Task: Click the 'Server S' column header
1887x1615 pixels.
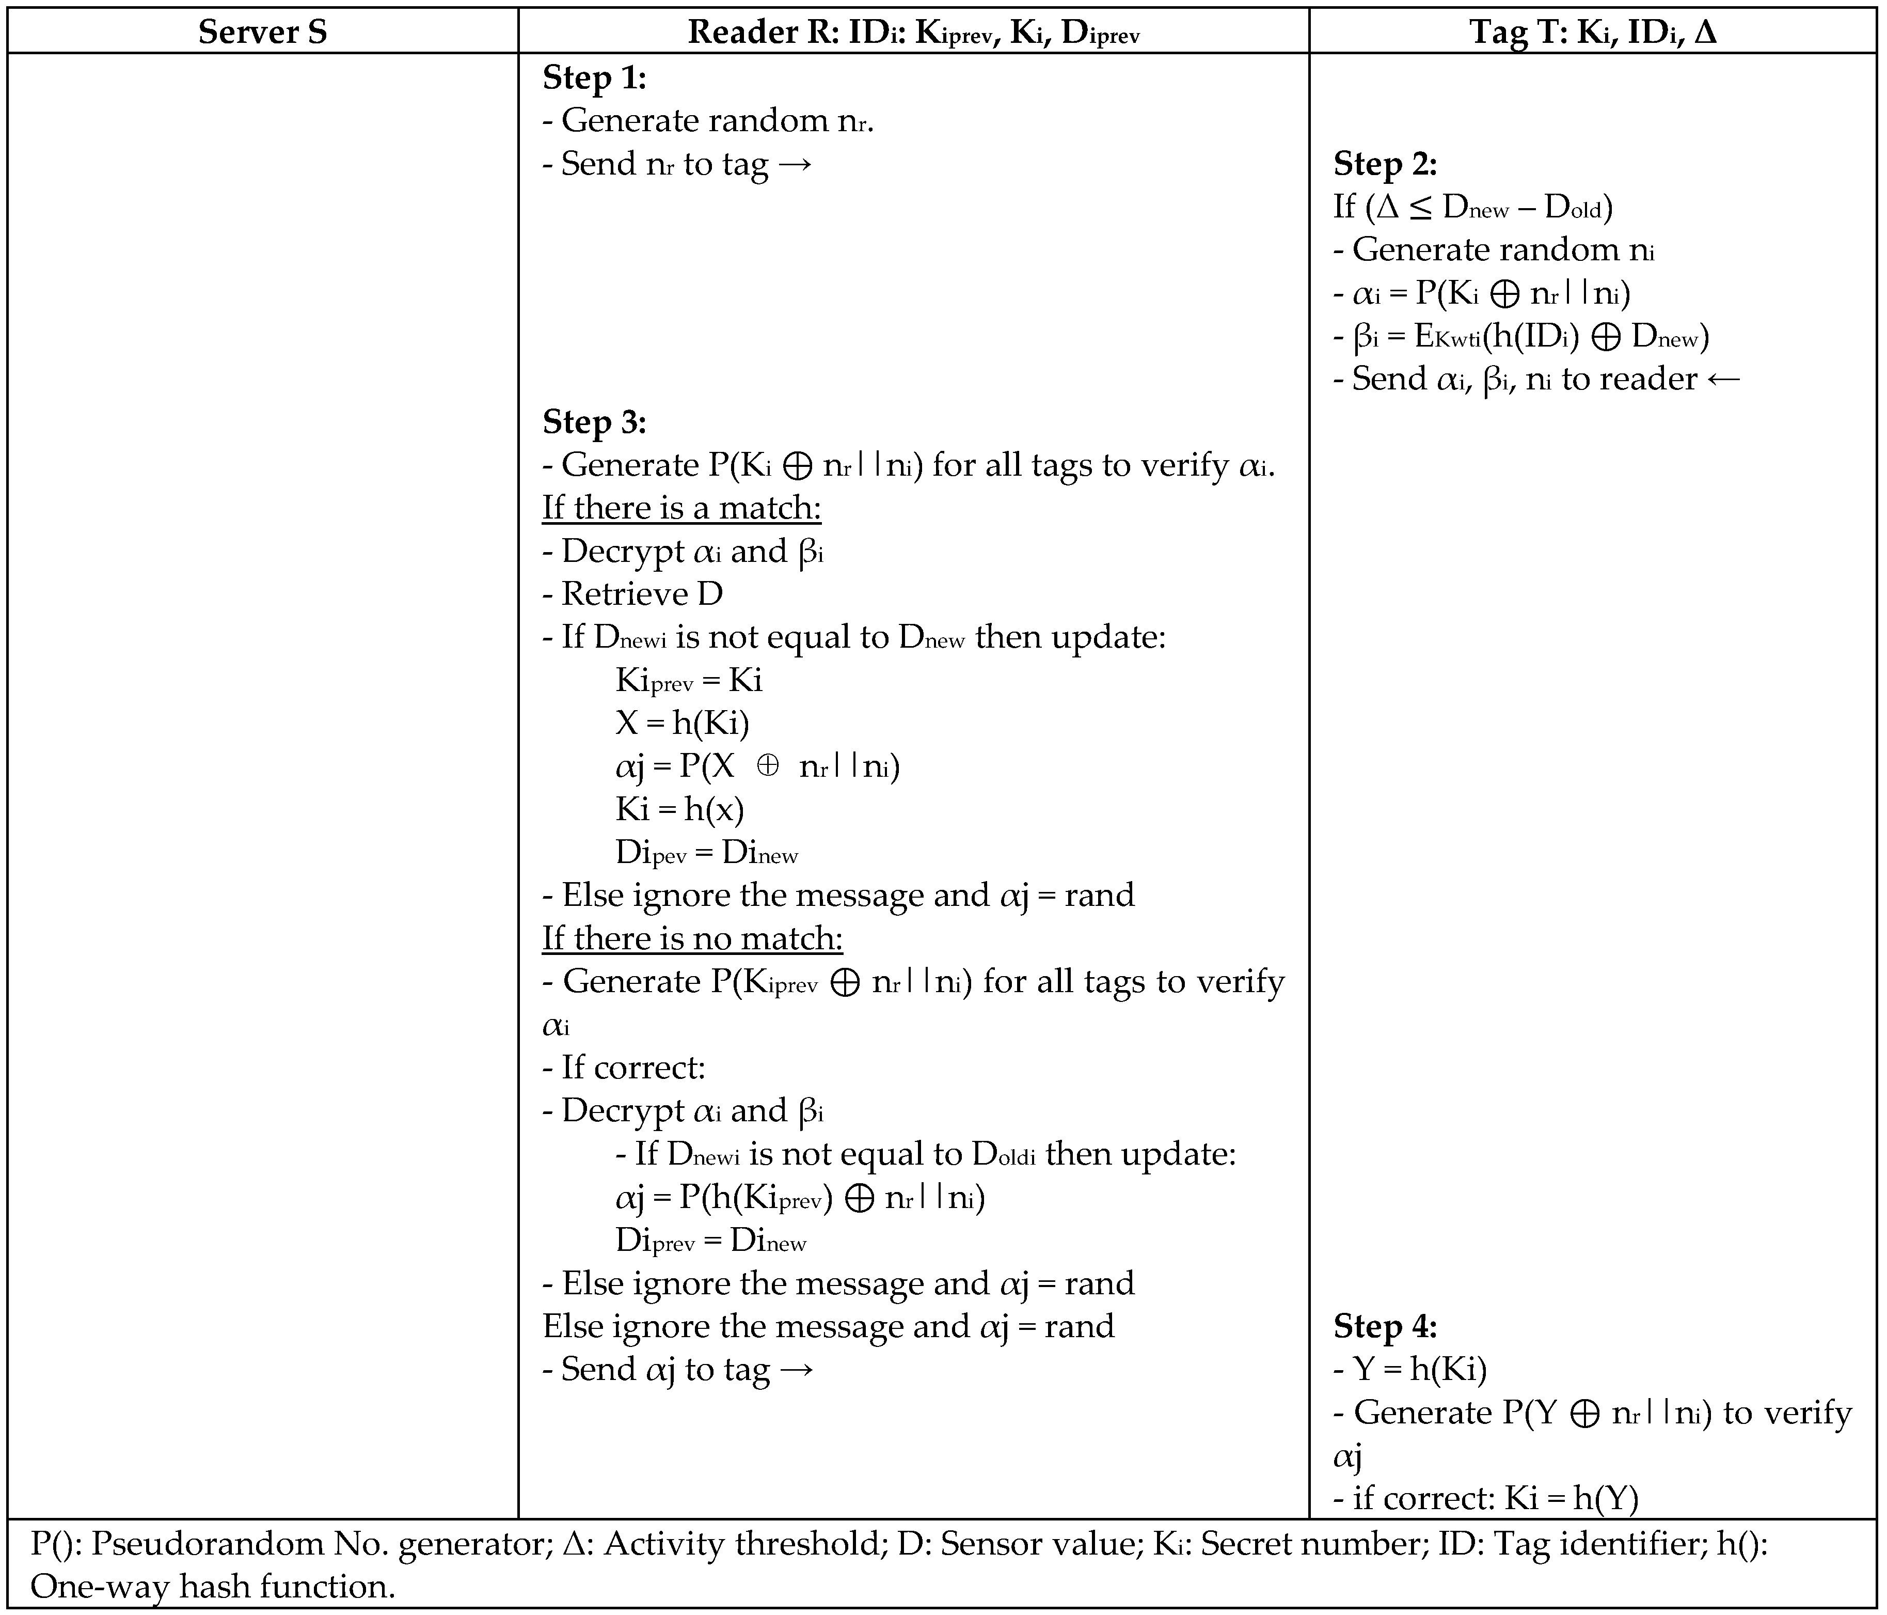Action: point(262,32)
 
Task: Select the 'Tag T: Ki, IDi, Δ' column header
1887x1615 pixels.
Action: point(1593,32)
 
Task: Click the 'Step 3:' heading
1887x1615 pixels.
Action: point(594,422)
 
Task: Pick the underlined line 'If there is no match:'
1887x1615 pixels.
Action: point(692,938)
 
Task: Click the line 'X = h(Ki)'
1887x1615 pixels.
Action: point(682,723)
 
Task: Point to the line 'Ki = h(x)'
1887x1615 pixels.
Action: point(679,809)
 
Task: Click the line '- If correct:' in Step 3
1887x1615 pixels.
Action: point(624,1068)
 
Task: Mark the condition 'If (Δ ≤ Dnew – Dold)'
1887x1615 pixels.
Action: point(1472,208)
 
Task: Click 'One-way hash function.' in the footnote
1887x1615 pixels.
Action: point(212,1587)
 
